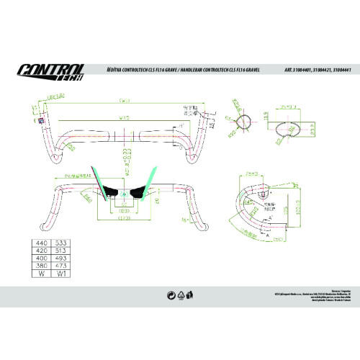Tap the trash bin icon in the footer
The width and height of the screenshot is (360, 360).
[x=189, y=294]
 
